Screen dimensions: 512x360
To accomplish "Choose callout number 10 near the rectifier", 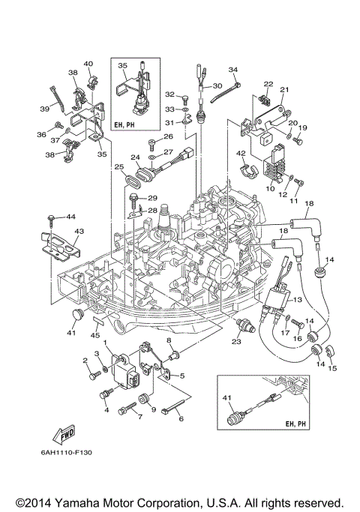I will coord(270,190).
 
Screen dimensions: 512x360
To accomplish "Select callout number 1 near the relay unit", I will coord(106,343).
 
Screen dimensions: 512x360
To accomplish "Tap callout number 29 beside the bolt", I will coord(152,198).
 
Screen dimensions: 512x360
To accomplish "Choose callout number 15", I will coord(333,368).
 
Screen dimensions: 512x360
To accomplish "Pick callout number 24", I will coord(136,157).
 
